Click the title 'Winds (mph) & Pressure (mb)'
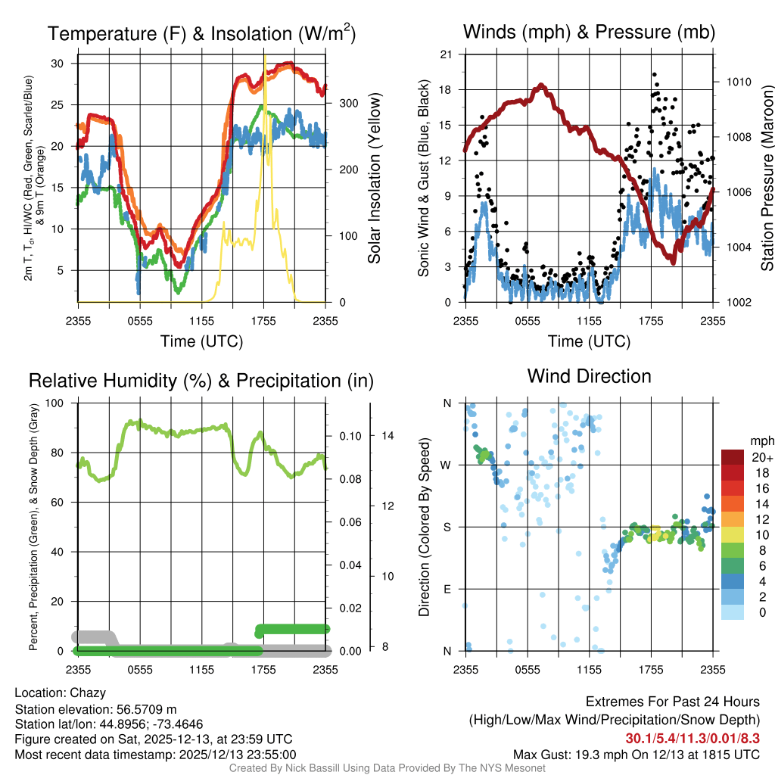[589, 32]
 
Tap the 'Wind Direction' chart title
[589, 376]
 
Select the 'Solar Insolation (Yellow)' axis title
[375, 179]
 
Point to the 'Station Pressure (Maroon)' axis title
[767, 179]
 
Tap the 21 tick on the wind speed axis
[447, 54]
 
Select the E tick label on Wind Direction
[447, 589]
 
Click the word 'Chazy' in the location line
[88, 693]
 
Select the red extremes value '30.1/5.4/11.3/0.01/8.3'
[693, 738]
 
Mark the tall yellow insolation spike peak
[265, 57]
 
